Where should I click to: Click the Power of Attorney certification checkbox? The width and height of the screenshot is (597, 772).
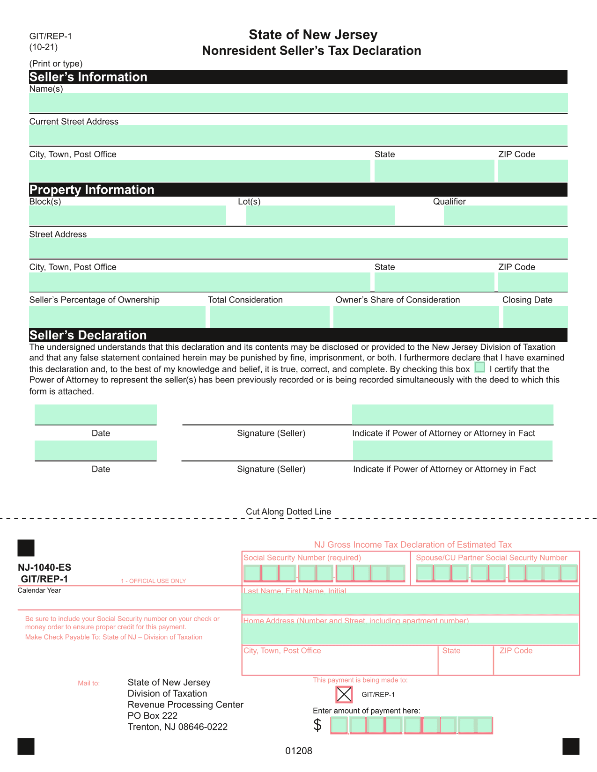(479, 368)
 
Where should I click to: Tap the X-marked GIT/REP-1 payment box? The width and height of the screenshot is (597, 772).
(344, 694)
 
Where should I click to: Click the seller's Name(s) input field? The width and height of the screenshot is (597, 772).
(298, 103)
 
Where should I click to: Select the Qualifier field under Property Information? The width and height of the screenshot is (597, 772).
(505, 215)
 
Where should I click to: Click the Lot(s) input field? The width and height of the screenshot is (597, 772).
(320, 215)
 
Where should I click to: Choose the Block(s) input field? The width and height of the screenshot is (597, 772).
(127, 215)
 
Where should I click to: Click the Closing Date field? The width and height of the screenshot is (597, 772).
(535, 316)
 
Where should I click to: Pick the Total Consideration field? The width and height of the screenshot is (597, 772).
(269, 316)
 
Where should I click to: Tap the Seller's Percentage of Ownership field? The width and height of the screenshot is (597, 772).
(117, 316)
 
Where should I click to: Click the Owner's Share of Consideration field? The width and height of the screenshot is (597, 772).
(416, 316)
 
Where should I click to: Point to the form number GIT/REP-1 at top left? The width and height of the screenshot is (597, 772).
(51, 36)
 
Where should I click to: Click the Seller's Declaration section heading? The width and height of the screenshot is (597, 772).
(88, 335)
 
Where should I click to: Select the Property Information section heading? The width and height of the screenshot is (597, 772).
(92, 190)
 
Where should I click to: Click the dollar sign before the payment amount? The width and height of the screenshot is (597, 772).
(317, 725)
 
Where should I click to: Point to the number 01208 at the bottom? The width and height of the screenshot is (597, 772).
(299, 751)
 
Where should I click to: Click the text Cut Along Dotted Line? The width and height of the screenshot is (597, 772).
(288, 512)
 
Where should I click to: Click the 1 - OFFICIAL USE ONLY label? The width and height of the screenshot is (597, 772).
(153, 581)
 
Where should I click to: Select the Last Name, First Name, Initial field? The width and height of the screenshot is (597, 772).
(410, 603)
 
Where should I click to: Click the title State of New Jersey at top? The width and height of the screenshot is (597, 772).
(313, 35)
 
